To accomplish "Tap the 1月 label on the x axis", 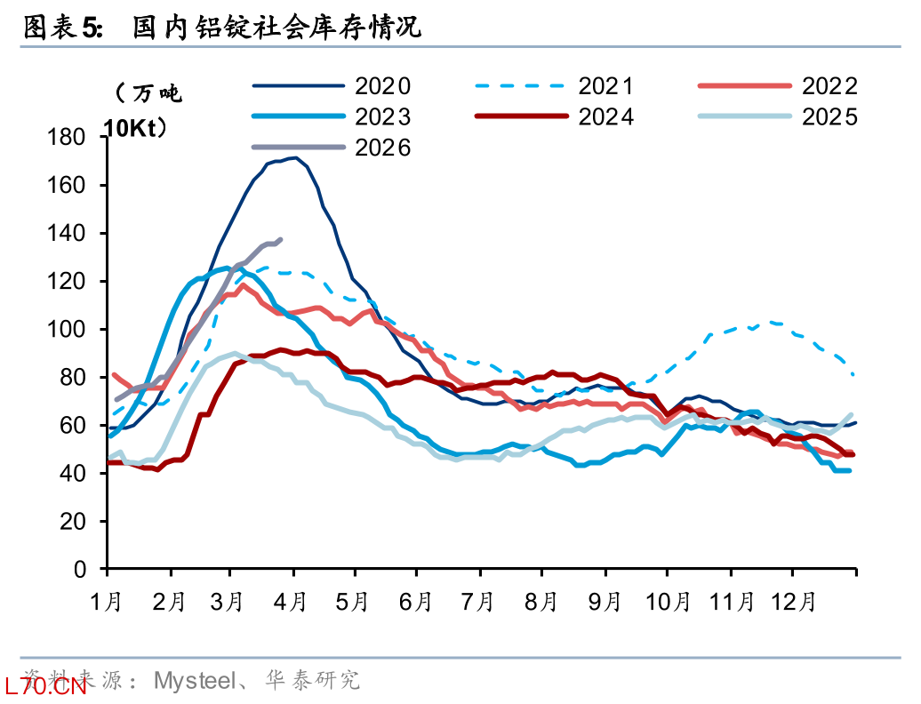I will (106, 602).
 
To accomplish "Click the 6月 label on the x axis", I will (416, 602).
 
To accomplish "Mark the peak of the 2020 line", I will (295, 157).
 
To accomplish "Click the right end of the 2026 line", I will (281, 239).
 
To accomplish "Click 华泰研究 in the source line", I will (313, 681).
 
